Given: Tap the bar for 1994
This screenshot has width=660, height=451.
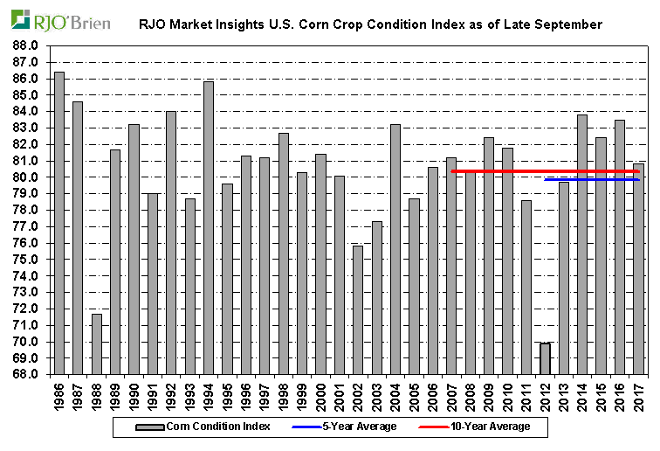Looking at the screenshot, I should click(x=209, y=227).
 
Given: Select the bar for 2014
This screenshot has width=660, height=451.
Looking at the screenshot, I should click(x=582, y=244).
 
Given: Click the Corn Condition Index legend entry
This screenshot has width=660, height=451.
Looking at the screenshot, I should click(x=204, y=427).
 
